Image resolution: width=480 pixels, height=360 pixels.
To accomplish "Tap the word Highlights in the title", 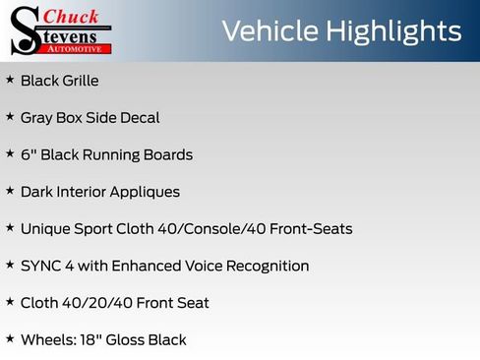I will [x=391, y=31].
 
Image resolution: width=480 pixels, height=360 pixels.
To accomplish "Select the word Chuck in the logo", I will [x=72, y=16].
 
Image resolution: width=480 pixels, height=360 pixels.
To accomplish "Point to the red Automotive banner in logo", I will [x=78, y=48].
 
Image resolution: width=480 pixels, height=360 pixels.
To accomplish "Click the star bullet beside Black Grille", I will [x=10, y=80].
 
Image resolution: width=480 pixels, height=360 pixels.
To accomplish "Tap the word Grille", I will [x=80, y=81].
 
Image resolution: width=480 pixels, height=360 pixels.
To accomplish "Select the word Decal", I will [x=138, y=118].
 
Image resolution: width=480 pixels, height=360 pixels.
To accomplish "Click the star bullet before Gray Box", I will [x=10, y=117].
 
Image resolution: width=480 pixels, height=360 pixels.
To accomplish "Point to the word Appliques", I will [x=147, y=192].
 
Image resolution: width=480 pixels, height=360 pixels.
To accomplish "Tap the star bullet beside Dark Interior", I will [x=10, y=191].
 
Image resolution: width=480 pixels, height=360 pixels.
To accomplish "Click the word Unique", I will [x=45, y=229].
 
